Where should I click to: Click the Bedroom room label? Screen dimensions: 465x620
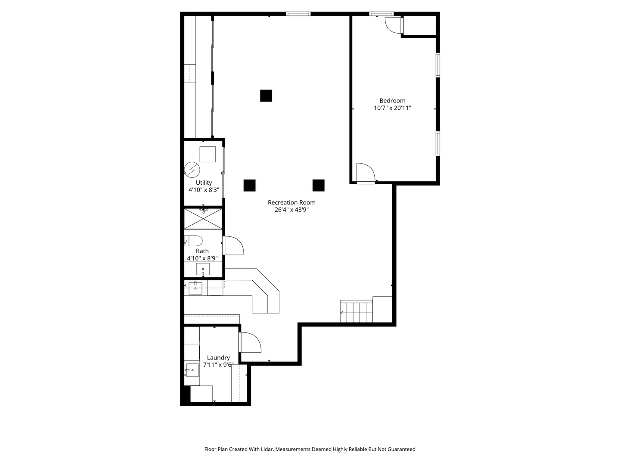click(392, 101)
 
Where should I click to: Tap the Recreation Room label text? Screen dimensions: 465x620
click(291, 202)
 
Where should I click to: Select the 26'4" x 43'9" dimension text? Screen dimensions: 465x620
click(291, 210)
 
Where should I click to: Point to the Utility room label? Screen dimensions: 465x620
click(204, 183)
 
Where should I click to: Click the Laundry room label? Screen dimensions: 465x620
click(218, 358)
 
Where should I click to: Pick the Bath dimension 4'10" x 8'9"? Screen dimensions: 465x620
click(202, 258)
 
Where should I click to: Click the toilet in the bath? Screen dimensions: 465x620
click(194, 241)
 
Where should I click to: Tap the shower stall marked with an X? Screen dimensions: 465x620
click(203, 219)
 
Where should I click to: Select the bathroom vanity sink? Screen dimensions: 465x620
click(203, 270)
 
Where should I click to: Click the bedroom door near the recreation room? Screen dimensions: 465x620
click(366, 173)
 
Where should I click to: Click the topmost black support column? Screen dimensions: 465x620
click(266, 96)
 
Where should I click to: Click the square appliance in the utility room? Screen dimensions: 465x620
click(208, 154)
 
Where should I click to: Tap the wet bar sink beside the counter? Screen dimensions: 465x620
click(195, 288)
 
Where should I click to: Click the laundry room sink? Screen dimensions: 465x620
click(192, 370)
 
